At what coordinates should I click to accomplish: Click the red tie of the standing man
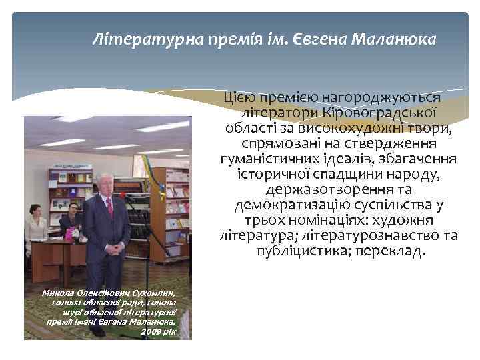tap(109, 207)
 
